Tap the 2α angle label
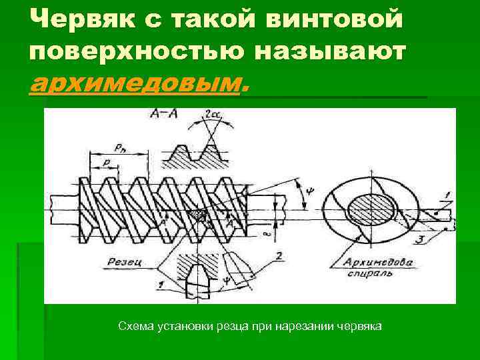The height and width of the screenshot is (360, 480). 213,115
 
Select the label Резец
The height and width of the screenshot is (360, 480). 125,263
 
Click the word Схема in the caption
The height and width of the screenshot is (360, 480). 135,327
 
